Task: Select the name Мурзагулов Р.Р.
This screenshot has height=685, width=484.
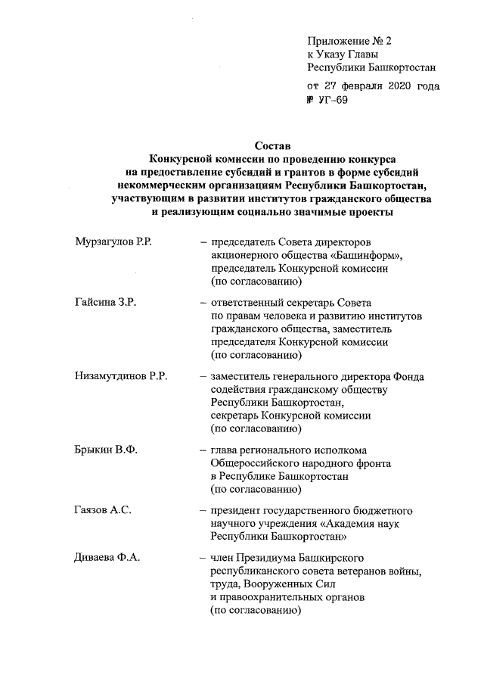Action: (114, 241)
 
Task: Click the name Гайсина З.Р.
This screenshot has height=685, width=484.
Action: (105, 304)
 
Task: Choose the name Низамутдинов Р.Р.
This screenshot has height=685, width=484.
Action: (121, 378)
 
